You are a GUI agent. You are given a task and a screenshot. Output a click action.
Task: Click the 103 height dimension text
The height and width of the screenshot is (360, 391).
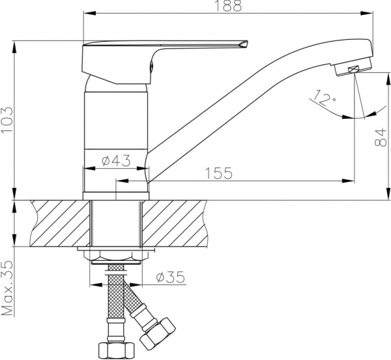pos(7,120)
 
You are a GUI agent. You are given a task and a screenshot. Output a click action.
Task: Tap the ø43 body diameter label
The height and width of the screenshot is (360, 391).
pos(116,160)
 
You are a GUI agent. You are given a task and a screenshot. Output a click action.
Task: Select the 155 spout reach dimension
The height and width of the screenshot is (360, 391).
pos(219,173)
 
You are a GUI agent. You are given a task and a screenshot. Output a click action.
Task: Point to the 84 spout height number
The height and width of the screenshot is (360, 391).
pos(381,137)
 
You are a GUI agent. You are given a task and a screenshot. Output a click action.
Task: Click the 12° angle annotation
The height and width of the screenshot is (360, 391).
pos(323,98)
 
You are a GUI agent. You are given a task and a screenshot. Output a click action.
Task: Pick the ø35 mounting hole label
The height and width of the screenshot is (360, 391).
pos(171,277)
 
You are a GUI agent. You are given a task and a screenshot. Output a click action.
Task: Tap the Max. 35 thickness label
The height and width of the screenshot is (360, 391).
pos(7,288)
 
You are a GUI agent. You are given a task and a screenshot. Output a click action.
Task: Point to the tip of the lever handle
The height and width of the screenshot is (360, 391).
pos(247,42)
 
